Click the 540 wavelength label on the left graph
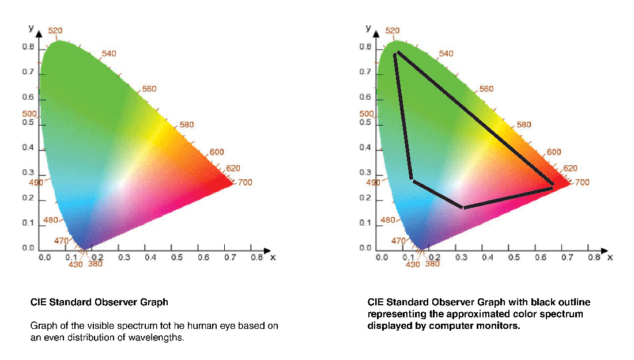109,54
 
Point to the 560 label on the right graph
487,89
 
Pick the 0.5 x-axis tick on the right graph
514,257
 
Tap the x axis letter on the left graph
273,257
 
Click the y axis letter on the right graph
368,27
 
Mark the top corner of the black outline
396,53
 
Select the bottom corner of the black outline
463,207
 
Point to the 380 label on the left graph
95,264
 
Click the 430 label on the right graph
413,265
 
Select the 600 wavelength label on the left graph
217,152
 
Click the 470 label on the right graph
398,241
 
